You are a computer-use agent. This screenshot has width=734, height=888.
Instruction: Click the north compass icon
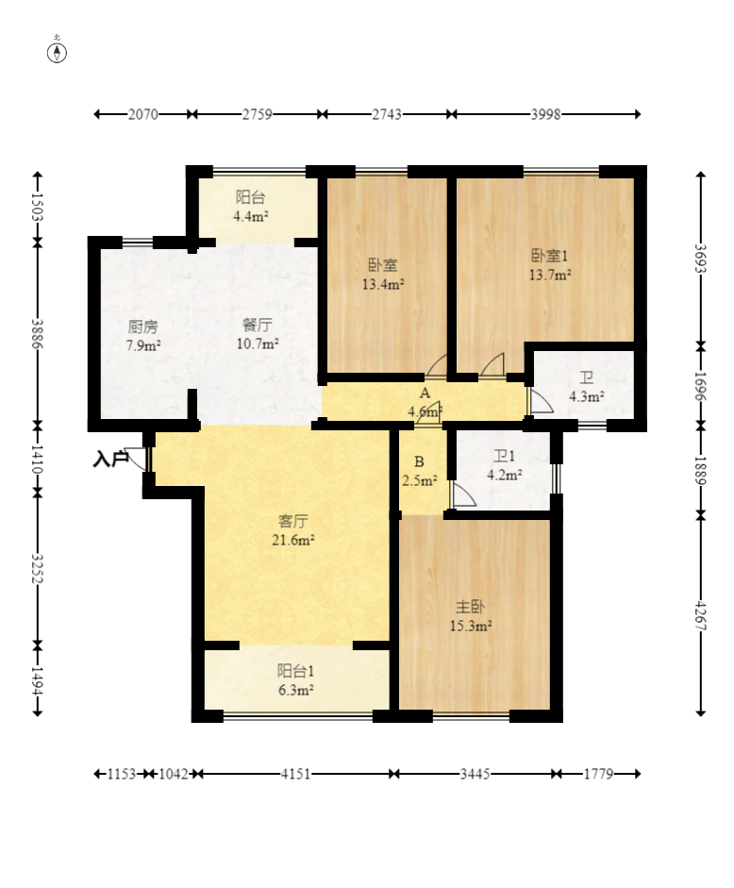[x=57, y=52]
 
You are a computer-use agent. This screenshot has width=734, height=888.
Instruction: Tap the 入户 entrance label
[x=109, y=460]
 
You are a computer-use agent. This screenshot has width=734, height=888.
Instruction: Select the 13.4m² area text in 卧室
[x=383, y=284]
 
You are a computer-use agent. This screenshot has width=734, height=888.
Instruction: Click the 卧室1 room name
[x=549, y=256]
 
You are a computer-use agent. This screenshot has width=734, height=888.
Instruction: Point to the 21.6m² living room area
[x=293, y=540]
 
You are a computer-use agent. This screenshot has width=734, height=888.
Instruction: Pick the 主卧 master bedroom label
[x=470, y=607]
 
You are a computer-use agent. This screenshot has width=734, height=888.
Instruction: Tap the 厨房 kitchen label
[x=142, y=327]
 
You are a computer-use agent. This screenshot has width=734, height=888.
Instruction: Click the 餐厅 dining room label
[x=258, y=325]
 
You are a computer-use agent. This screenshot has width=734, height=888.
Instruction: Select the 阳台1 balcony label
[x=295, y=671]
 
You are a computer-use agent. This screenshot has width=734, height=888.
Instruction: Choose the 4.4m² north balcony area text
[x=251, y=216]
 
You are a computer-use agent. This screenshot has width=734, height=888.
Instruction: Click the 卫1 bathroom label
[x=504, y=456]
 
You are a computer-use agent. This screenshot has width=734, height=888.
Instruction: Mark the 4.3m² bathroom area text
[x=586, y=396]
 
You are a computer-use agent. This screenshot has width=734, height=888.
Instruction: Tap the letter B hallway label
[x=419, y=461]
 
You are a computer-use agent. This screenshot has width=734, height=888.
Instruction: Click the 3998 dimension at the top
[x=545, y=114]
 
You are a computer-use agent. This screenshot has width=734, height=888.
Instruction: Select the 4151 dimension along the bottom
[x=295, y=774]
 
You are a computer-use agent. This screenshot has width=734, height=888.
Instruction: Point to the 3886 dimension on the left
[x=38, y=334]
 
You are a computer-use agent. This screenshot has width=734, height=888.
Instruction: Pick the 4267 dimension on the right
[x=701, y=615]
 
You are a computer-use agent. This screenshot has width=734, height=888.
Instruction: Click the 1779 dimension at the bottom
[x=599, y=774]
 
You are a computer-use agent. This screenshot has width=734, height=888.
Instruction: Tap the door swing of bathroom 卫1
[x=463, y=494]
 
